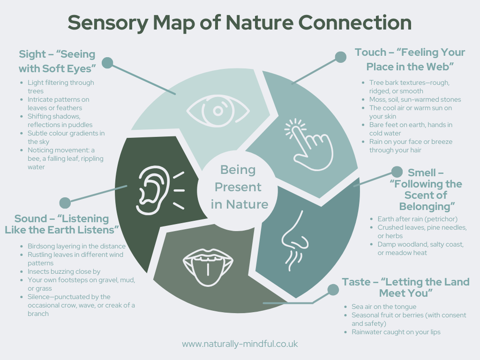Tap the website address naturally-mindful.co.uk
click(x=240, y=344)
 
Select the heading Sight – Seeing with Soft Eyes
click(x=57, y=61)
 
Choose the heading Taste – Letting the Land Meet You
click(x=405, y=287)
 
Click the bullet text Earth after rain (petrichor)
click(x=417, y=219)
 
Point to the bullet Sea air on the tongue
click(x=384, y=307)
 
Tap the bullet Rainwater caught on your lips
click(x=396, y=332)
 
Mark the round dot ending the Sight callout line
click(x=107, y=63)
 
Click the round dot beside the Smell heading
click(x=397, y=172)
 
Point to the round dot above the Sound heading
click(x=65, y=202)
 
